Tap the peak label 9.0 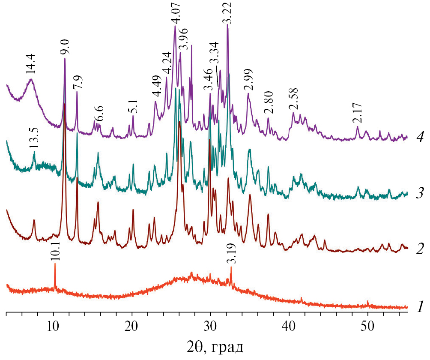click(x=65, y=48)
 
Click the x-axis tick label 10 click(x=53, y=326)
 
